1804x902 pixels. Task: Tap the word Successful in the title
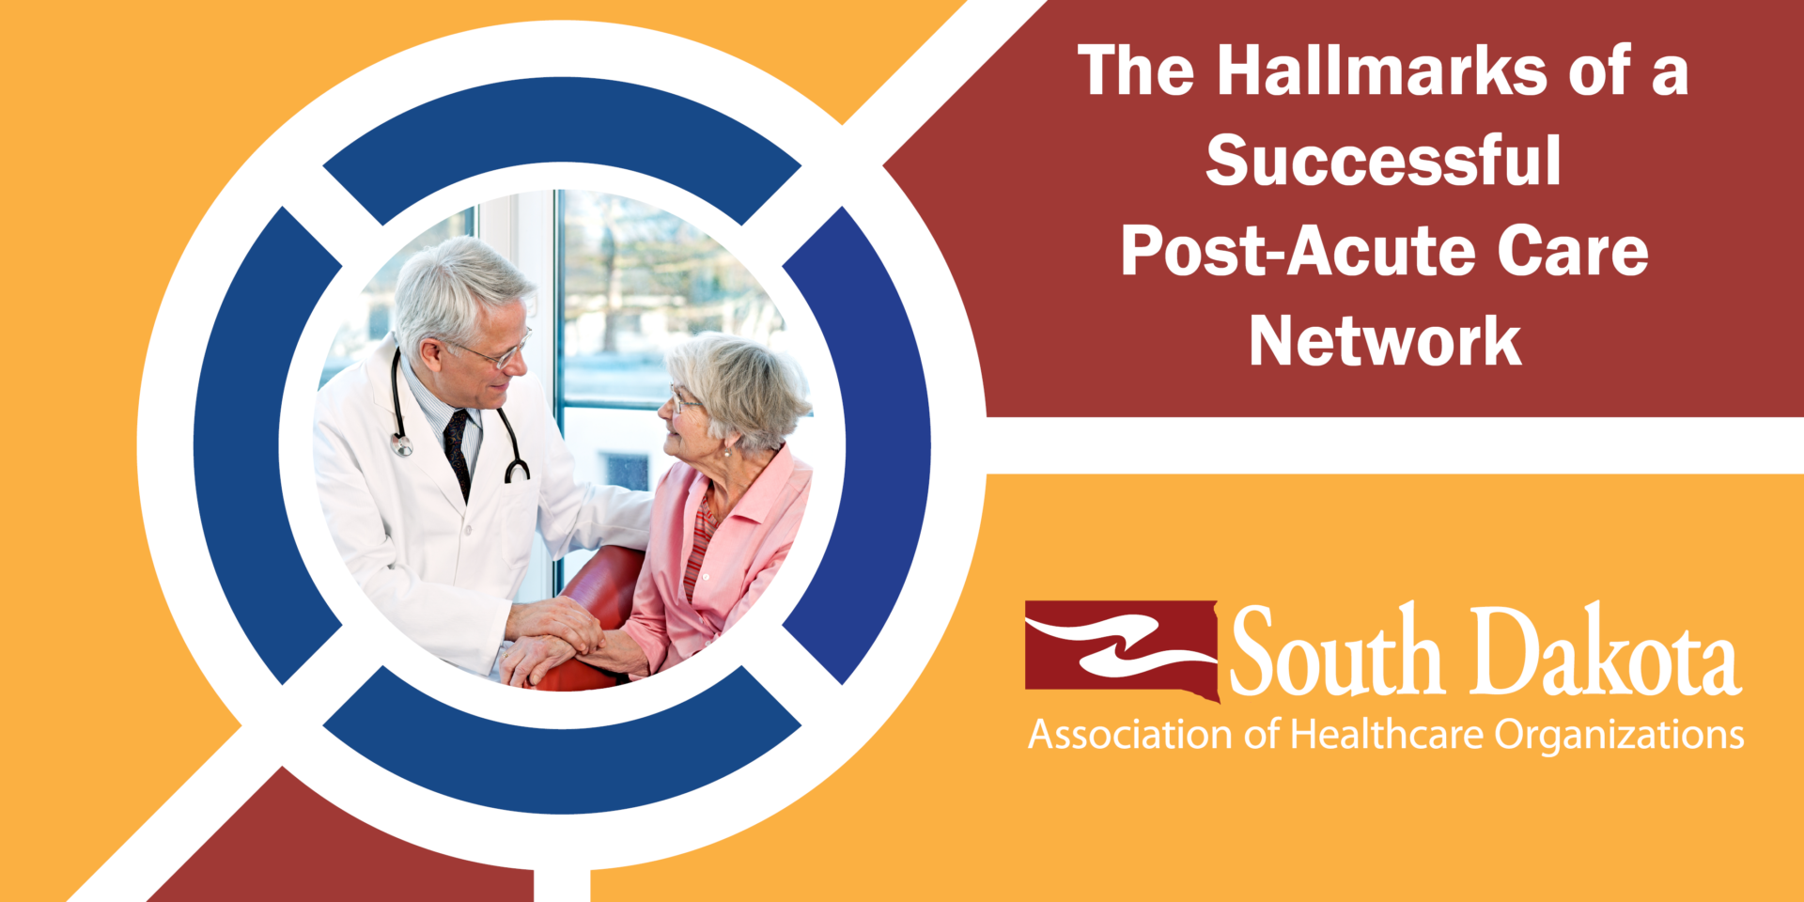click(1383, 162)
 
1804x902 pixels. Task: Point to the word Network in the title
click(1384, 342)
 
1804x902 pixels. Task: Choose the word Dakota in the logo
click(1606, 652)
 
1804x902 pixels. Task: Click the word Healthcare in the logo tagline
click(1386, 735)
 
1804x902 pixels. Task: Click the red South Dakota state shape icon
click(1122, 649)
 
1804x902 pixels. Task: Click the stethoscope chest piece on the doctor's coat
click(402, 444)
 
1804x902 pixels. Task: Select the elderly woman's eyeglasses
click(684, 401)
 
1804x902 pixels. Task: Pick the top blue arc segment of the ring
click(562, 122)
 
